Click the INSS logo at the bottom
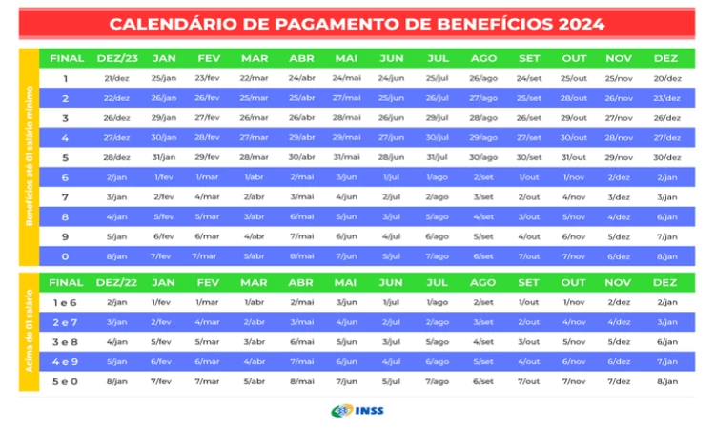coord(357,411)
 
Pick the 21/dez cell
coord(116,78)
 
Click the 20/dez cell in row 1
coord(665,78)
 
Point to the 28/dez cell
coord(116,157)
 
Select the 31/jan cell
coord(163,157)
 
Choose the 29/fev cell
coord(207,157)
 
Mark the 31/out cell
coord(574,157)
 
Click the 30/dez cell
coord(665,157)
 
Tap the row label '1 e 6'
coord(66,302)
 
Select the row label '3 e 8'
coord(66,341)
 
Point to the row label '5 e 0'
coord(66,381)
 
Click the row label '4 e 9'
coord(66,361)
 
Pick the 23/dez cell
coord(665,98)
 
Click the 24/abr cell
coord(300,78)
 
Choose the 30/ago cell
coord(483,157)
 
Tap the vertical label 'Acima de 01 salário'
coord(29,331)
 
